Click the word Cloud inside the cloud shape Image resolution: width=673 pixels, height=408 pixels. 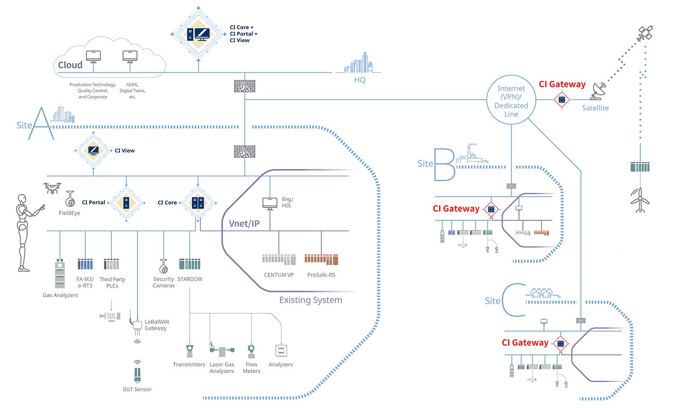pos(70,65)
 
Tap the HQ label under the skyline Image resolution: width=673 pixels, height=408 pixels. pos(360,80)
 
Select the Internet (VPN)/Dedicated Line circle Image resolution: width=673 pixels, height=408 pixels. pos(511,100)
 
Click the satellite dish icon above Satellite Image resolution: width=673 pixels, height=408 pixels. pos(598,91)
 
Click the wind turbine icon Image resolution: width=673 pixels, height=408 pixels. pos(640,200)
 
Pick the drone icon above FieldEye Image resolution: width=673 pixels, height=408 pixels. pos(52,188)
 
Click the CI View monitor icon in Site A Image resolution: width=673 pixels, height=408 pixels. pos(93,151)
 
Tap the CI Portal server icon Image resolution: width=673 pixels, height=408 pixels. pos(126,203)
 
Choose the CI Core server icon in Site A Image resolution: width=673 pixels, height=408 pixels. pos(198,203)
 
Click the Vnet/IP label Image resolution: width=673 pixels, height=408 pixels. pos(244,224)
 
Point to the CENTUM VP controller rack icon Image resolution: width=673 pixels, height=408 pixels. pos(279,260)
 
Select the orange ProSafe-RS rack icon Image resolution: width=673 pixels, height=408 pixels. pos(321,260)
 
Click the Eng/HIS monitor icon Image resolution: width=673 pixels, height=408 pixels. pos(270,204)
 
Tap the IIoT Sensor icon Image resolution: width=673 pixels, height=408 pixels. pos(137,372)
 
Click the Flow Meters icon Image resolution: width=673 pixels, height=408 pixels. pos(251,351)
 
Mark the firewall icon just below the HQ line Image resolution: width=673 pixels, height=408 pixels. pos(245,86)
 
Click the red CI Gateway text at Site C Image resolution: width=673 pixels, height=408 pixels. pos(525,343)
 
